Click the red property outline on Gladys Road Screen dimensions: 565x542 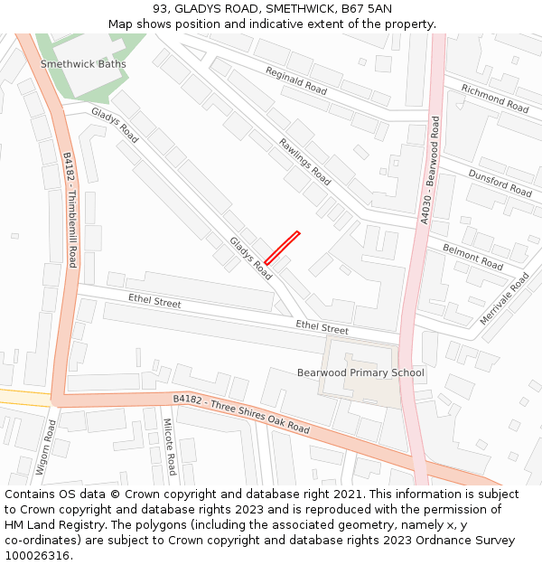click(x=282, y=248)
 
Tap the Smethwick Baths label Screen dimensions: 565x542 click(x=83, y=64)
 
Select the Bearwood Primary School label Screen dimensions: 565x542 click(x=360, y=372)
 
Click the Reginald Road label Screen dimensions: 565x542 click(x=296, y=80)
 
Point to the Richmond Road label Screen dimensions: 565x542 click(x=494, y=98)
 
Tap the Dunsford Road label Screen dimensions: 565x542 click(x=500, y=182)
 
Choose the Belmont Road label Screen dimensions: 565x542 click(x=472, y=257)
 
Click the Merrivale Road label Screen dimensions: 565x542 click(x=504, y=299)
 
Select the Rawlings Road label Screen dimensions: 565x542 click(x=304, y=162)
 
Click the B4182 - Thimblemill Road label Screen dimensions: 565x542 click(x=70, y=209)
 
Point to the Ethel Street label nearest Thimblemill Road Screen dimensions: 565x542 click(x=154, y=302)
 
